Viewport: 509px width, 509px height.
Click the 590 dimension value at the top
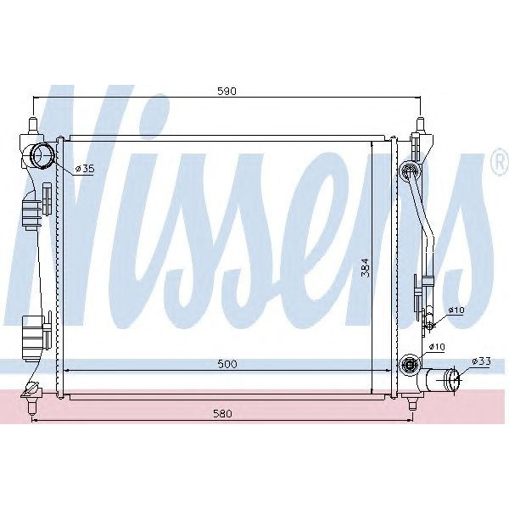[225, 91]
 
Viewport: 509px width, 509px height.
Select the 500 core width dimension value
[226, 364]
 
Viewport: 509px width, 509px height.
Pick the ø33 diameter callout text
[480, 362]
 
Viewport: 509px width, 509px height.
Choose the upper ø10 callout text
[456, 310]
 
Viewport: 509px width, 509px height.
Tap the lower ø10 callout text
[438, 347]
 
